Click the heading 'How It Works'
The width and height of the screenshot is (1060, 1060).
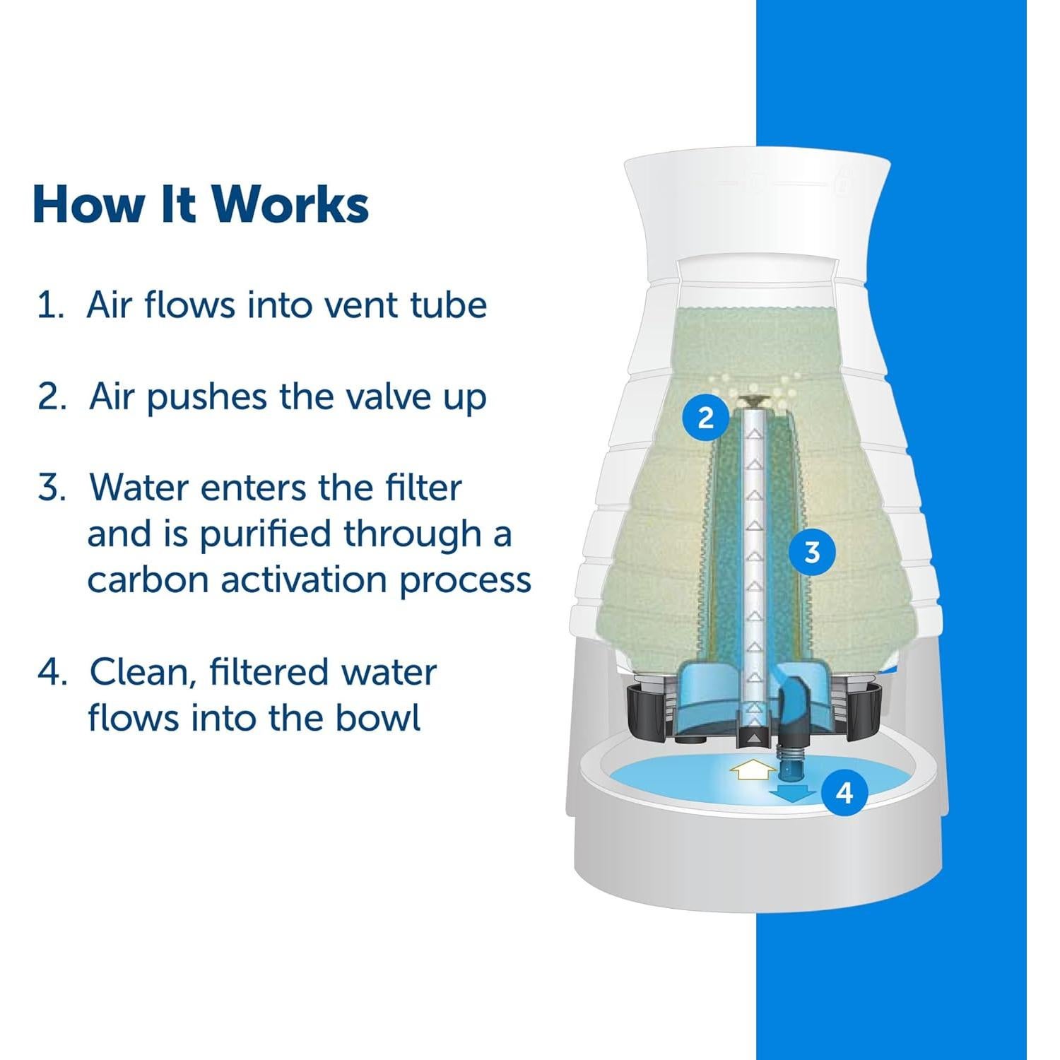coord(201,205)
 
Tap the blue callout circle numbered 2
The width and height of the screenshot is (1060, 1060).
coord(705,418)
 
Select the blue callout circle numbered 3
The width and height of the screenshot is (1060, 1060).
coord(811,552)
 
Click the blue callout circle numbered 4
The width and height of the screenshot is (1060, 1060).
coord(844,793)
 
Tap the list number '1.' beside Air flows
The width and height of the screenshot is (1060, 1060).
coord(51,306)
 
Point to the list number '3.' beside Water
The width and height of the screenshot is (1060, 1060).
coord(52,488)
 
